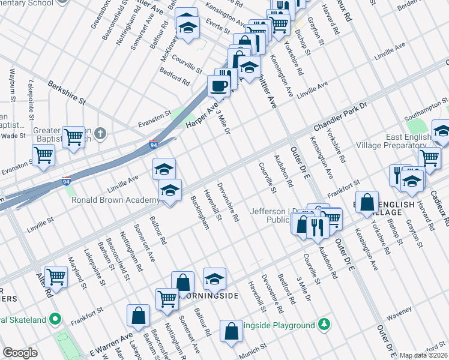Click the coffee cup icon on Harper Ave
point(218,85)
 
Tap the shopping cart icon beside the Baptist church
point(73,136)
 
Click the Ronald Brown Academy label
point(115,200)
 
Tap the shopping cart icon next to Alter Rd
point(55,277)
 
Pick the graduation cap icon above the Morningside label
point(214,278)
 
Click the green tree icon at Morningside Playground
point(324,325)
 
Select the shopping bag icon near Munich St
point(231,331)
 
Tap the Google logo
point(20,353)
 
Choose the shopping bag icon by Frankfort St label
point(366,202)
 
